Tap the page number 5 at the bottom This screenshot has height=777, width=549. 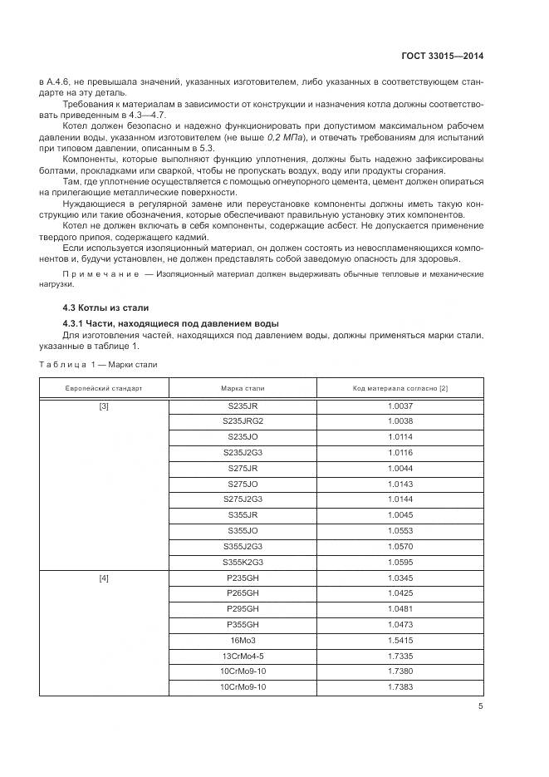[x=480, y=706]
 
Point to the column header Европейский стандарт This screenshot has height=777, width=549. [x=105, y=388]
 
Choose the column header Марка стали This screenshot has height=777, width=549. [x=243, y=388]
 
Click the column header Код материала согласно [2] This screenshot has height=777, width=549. [x=400, y=388]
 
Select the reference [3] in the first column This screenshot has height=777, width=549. [x=105, y=406]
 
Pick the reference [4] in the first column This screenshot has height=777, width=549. [x=105, y=577]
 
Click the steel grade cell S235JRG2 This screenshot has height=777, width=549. [x=243, y=421]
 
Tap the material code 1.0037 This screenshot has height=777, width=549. [x=400, y=406]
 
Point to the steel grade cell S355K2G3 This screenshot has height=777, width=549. [x=243, y=561]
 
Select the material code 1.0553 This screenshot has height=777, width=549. [x=400, y=530]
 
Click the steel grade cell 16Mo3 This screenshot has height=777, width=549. [x=243, y=639]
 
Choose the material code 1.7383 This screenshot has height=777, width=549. [x=400, y=686]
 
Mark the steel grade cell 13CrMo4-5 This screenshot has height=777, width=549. [x=243, y=655]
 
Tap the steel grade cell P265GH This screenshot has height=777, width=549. [x=243, y=593]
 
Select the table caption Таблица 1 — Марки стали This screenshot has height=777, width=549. [x=99, y=364]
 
